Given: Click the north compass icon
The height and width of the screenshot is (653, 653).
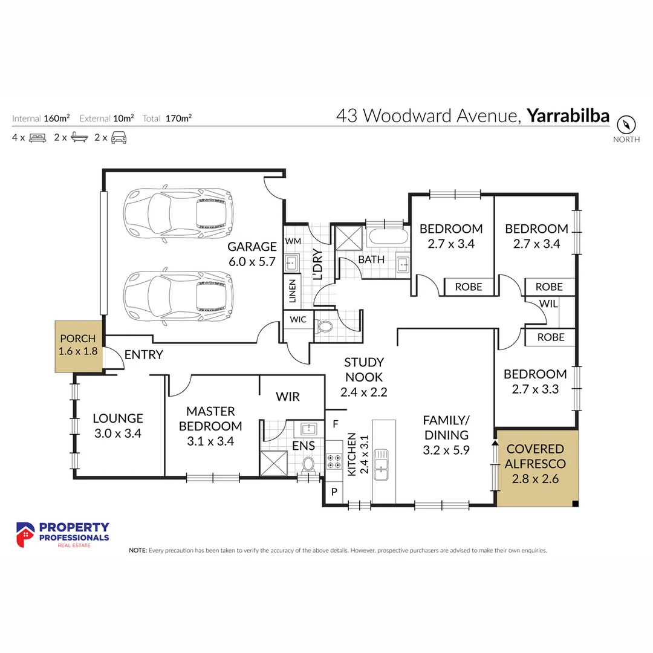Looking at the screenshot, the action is point(626,125).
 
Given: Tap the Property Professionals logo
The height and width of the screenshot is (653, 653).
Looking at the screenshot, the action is point(62,535).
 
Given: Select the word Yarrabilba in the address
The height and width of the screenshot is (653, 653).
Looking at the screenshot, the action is point(568,115).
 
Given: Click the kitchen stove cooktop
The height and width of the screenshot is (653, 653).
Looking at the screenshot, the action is point(334,462).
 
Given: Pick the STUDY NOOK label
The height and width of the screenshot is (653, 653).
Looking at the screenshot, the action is point(364,377).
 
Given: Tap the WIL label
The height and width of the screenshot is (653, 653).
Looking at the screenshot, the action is point(548,304).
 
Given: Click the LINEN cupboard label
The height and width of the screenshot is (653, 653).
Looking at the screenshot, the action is point(293,291).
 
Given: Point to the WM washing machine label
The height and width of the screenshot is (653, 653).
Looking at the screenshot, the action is point(293,241).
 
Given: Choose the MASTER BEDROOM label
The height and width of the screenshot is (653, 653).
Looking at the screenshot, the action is point(210,418).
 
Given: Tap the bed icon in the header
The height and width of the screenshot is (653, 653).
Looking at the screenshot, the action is point(37,137).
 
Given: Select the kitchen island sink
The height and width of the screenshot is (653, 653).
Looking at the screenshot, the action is point(381,464).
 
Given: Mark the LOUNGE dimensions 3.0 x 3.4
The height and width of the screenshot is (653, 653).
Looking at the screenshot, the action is point(117,433).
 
